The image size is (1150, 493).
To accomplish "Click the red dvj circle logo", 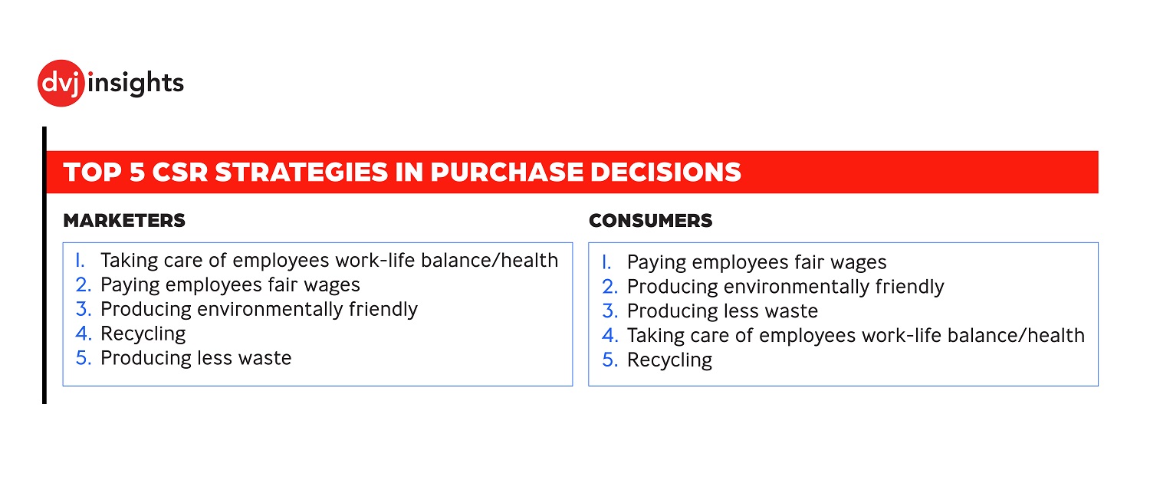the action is (61, 84).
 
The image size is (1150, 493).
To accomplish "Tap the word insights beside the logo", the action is (136, 84).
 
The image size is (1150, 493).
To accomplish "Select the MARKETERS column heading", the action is (124, 220).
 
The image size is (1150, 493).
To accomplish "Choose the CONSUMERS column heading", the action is (650, 220).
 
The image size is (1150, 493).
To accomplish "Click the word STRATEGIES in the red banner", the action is (301, 172).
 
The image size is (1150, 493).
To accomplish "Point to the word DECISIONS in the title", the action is (666, 172).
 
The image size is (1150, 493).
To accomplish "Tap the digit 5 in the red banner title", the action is (137, 172).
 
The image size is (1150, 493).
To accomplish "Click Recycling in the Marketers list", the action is (143, 334).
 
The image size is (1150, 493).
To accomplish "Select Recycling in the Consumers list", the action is (669, 360).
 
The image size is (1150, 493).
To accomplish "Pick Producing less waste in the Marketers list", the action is (196, 358).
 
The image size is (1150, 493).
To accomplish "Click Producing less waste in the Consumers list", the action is (722, 311).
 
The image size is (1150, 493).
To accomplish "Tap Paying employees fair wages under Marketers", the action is (231, 285).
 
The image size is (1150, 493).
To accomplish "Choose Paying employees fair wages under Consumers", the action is (757, 262).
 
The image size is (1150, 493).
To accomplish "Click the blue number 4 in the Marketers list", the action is (83, 334).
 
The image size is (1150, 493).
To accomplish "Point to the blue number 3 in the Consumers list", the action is (609, 311).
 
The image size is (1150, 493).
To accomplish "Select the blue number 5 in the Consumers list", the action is (609, 360).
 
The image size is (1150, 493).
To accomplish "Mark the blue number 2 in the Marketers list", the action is (83, 285).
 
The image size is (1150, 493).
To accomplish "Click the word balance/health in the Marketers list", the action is (489, 261).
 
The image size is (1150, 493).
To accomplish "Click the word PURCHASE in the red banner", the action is (507, 172).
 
